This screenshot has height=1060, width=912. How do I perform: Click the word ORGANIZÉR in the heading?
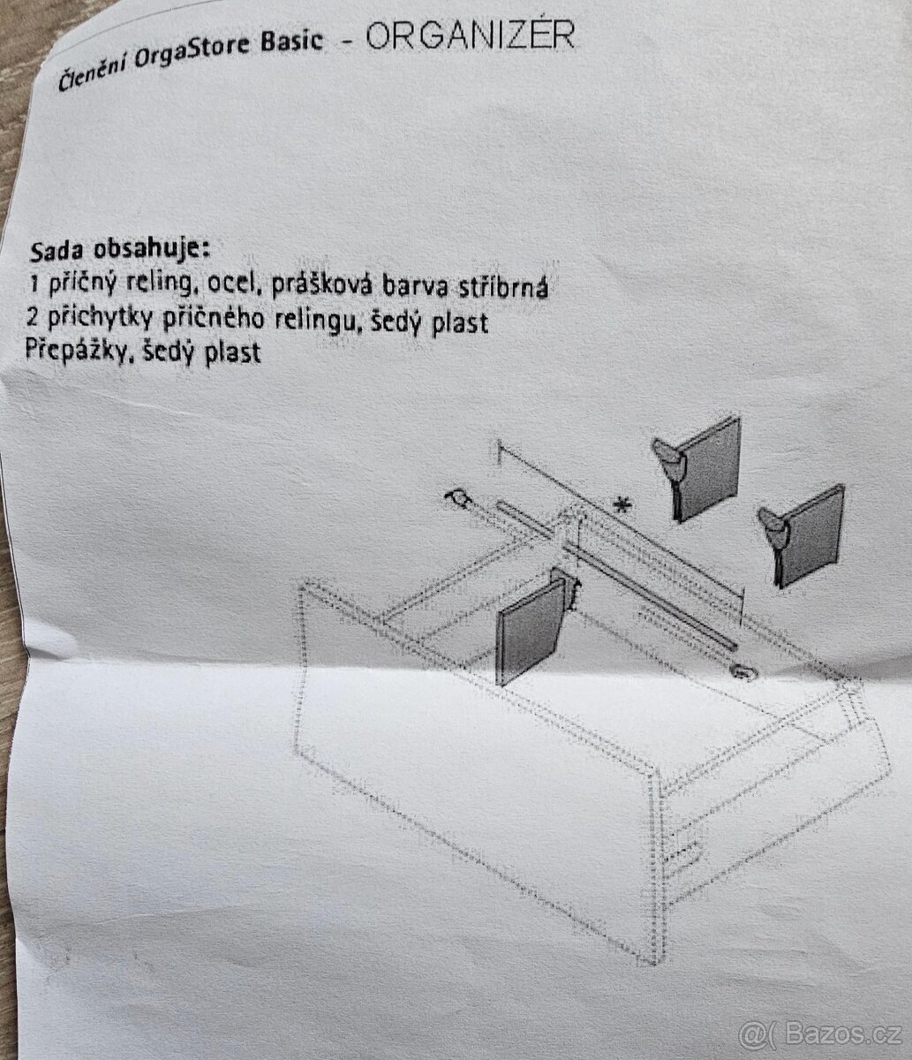pyautogui.click(x=470, y=35)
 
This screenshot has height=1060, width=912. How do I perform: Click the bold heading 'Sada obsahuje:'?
pyautogui.click(x=120, y=251)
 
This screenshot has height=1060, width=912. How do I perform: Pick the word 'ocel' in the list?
pyautogui.click(x=231, y=284)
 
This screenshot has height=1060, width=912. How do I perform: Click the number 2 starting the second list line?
pyautogui.click(x=33, y=317)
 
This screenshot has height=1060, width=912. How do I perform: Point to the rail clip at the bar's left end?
pyautogui.click(x=458, y=498)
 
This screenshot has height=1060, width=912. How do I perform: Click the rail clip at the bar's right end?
pyautogui.click(x=742, y=670)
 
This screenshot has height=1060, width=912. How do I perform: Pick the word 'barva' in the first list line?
pyautogui.click(x=411, y=287)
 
